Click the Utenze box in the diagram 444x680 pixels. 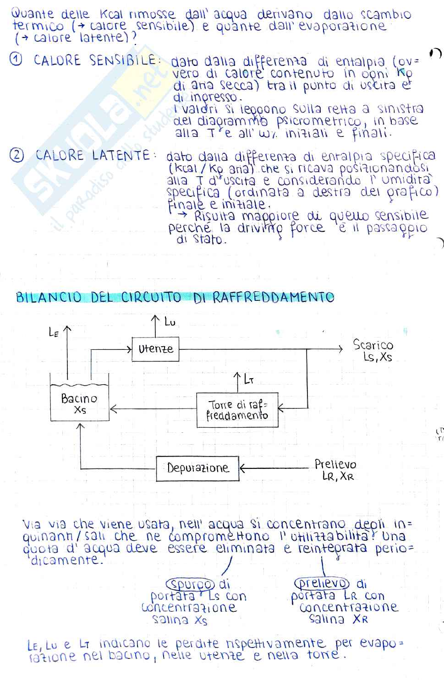(155, 349)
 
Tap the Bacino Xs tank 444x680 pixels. (79, 403)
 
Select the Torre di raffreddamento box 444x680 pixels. (237, 410)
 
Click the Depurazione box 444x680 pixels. (197, 468)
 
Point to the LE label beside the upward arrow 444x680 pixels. (54, 332)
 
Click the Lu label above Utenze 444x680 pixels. (170, 322)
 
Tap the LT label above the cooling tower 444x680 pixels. (249, 380)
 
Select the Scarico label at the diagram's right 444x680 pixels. (373, 345)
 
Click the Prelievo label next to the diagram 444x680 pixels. (335, 464)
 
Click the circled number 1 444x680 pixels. (16, 60)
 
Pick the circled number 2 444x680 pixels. (17, 156)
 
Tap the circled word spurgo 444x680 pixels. (190, 584)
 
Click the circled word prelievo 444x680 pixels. (322, 583)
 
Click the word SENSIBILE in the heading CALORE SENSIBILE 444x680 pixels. (123, 60)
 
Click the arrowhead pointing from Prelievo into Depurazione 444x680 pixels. (242, 468)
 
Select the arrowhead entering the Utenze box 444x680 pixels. (129, 349)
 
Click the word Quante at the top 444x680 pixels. (32, 14)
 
